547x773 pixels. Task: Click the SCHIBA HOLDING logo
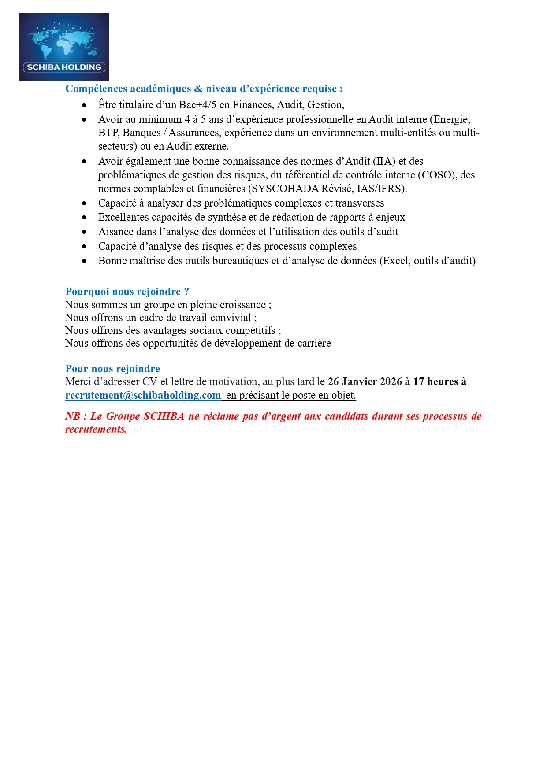[64, 47]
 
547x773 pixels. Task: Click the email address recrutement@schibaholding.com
[143, 395]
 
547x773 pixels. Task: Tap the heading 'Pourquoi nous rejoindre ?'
[127, 292]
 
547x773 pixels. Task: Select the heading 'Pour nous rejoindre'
[112, 369]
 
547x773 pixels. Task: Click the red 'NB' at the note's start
[73, 416]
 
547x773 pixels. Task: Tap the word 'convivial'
[230, 318]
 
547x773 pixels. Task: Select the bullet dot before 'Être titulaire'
[84, 105]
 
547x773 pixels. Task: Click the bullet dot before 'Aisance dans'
[84, 232]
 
